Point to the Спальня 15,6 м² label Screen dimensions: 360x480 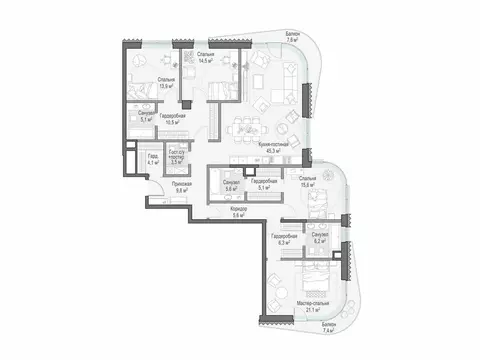tap(305, 181)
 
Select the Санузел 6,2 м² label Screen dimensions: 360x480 tap(319, 238)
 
